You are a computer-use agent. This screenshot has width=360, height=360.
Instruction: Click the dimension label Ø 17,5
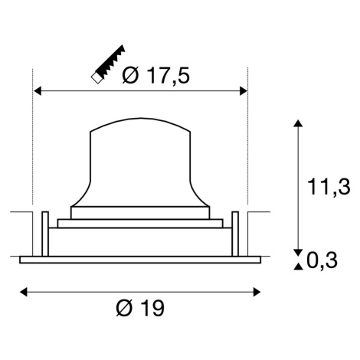point(156,76)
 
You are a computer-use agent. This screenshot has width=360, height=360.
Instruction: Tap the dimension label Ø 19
point(140,308)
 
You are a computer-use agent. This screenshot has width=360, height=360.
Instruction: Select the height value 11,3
point(329,187)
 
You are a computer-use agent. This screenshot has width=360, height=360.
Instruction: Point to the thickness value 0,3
point(322,260)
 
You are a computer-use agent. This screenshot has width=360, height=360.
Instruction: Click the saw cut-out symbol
point(108,64)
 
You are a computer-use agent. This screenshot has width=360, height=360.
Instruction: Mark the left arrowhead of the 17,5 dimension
point(38,90)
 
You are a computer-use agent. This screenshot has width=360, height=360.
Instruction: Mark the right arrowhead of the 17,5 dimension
point(244,90)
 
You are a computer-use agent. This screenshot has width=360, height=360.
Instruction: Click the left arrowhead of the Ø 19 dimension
point(23,292)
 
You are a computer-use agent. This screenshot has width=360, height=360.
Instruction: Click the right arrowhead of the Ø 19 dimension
point(257,292)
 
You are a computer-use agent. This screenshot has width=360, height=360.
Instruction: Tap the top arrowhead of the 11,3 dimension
point(298,123)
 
